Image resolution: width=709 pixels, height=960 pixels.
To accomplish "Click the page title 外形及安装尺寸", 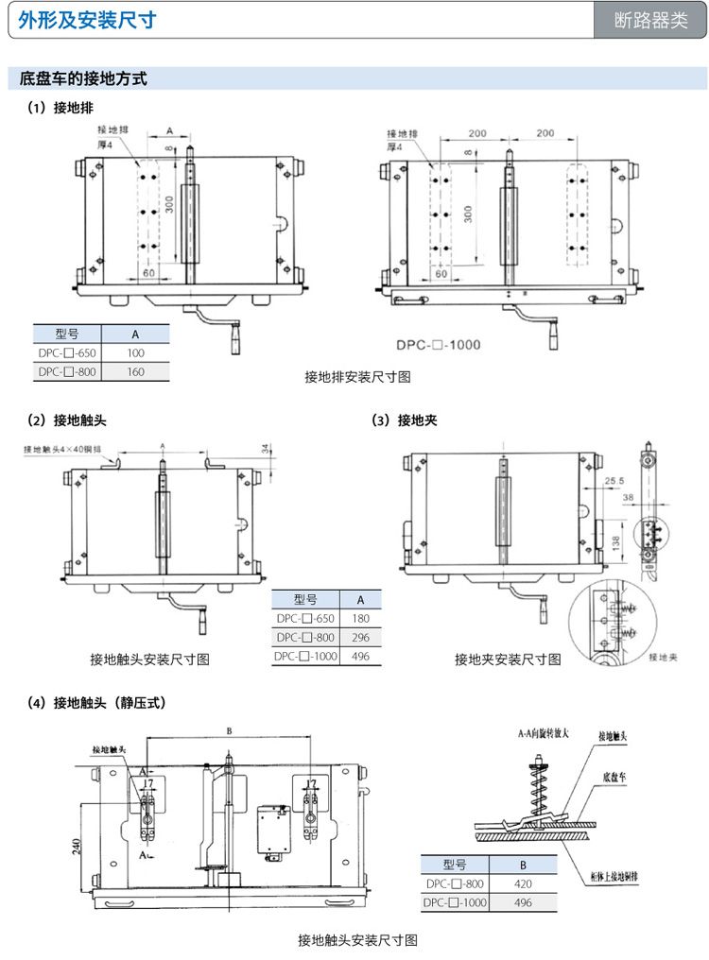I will click(x=87, y=21).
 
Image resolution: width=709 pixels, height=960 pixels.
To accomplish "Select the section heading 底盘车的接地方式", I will click(x=83, y=79).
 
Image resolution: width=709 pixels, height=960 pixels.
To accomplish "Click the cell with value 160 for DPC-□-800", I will click(x=135, y=372).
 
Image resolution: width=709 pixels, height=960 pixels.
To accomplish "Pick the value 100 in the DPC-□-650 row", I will click(x=135, y=353).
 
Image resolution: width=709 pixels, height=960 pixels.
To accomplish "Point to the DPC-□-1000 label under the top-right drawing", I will click(x=438, y=345).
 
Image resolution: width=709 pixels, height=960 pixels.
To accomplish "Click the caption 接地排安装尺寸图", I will click(x=357, y=377).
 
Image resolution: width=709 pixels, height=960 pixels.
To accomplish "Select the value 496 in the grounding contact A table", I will click(x=360, y=656).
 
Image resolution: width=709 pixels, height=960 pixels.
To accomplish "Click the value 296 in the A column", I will click(x=360, y=638).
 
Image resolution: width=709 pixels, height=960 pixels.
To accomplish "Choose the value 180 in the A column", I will click(x=360, y=619).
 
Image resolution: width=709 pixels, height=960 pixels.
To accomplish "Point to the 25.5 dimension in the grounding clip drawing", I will click(x=614, y=481).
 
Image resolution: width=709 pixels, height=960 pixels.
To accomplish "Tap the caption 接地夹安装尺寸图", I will click(x=508, y=659).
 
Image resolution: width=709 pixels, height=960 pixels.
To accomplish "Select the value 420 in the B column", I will click(x=524, y=883).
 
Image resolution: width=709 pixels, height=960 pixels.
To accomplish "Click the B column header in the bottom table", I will click(x=524, y=865).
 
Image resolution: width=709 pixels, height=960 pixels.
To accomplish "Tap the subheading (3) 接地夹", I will click(x=405, y=420).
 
